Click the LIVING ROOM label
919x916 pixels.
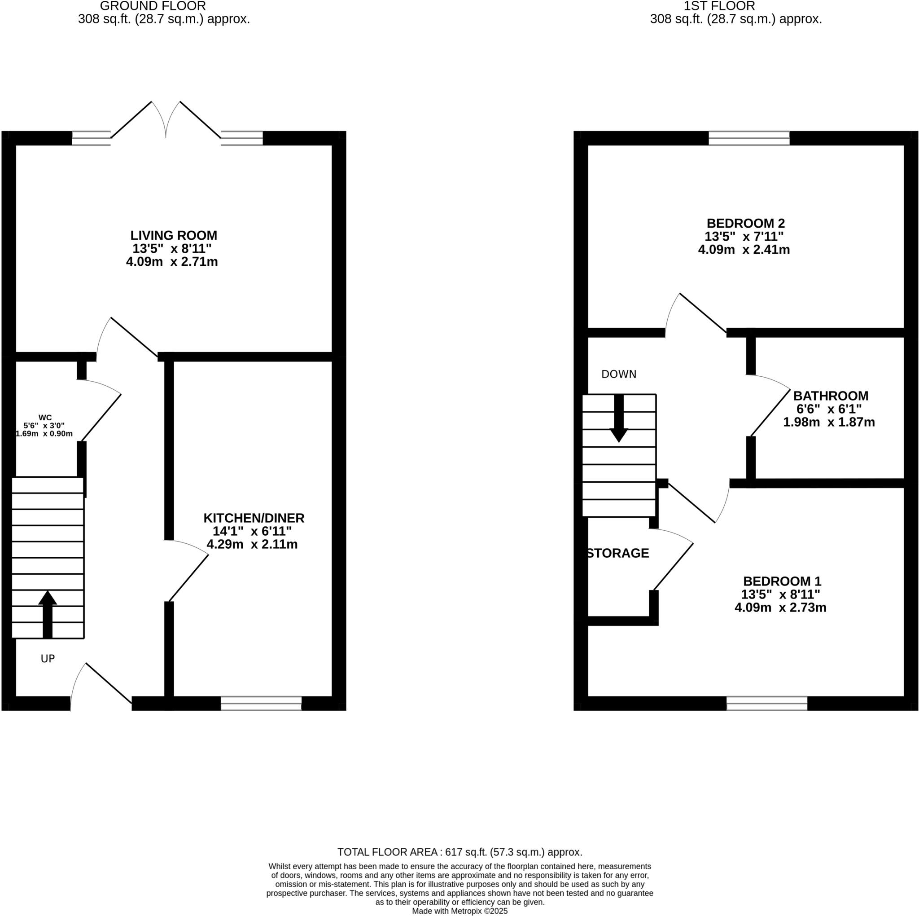174,235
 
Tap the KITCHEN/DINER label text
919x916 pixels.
254,518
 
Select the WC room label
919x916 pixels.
45,418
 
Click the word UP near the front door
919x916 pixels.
48,658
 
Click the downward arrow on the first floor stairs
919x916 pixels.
619,418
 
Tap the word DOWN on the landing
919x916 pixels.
618,374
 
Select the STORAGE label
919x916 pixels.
618,553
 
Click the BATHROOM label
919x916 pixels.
831,396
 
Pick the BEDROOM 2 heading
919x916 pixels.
745,223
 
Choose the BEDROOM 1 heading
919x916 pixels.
782,581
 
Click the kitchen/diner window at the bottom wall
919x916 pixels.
261,703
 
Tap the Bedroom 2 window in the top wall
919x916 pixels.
749,138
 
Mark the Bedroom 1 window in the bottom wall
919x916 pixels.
767,703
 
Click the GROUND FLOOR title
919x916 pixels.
153,6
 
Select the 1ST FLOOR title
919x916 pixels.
719,6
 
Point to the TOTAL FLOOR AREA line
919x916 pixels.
459,852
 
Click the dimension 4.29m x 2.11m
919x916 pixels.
252,544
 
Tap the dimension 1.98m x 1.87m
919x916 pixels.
829,422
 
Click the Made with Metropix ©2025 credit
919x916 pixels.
459,911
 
